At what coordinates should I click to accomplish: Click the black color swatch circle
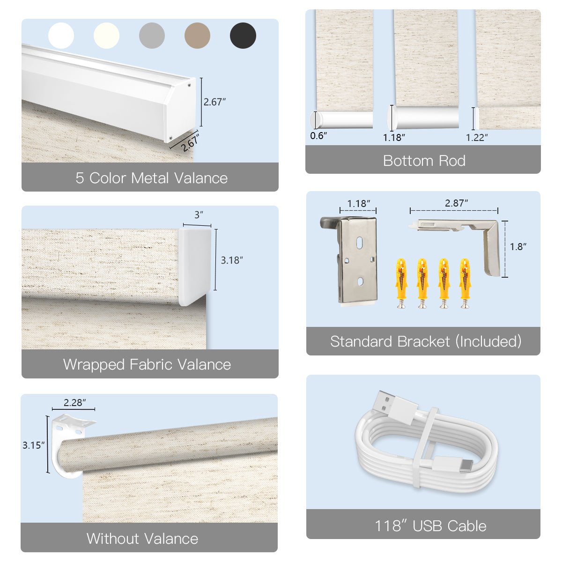point(243,36)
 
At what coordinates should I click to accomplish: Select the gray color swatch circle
point(152,36)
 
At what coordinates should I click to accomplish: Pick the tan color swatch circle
point(197,36)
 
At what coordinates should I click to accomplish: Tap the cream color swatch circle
point(106,36)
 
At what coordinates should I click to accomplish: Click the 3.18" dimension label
point(232,260)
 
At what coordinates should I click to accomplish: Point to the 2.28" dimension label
point(75,402)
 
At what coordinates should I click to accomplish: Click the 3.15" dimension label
point(33,445)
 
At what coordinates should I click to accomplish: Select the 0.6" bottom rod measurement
point(318,136)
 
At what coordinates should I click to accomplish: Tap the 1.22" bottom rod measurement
point(477,138)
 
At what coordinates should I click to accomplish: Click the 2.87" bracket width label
point(456,203)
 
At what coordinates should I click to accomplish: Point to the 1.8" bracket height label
point(518,247)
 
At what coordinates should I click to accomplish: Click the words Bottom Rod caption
point(424,161)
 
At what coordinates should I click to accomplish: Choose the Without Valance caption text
point(142,539)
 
